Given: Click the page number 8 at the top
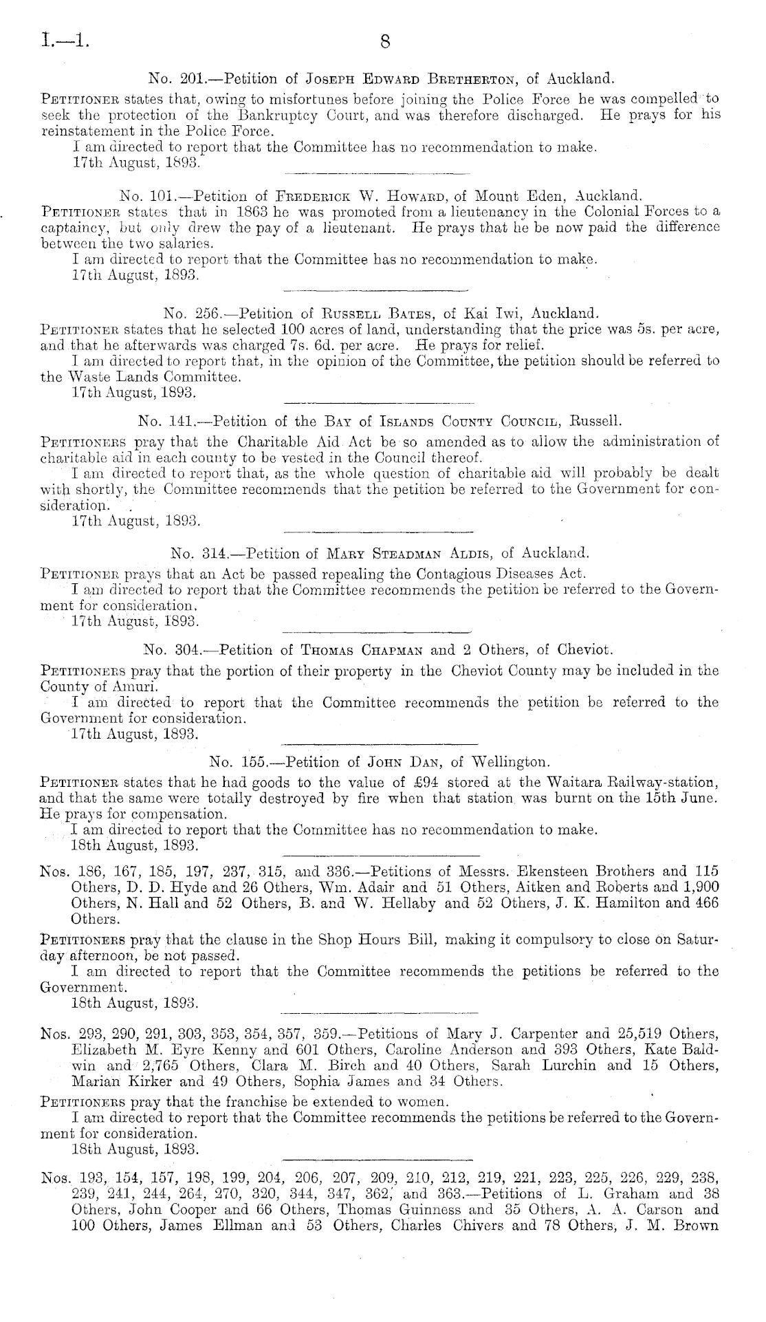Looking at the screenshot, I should (384, 43).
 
